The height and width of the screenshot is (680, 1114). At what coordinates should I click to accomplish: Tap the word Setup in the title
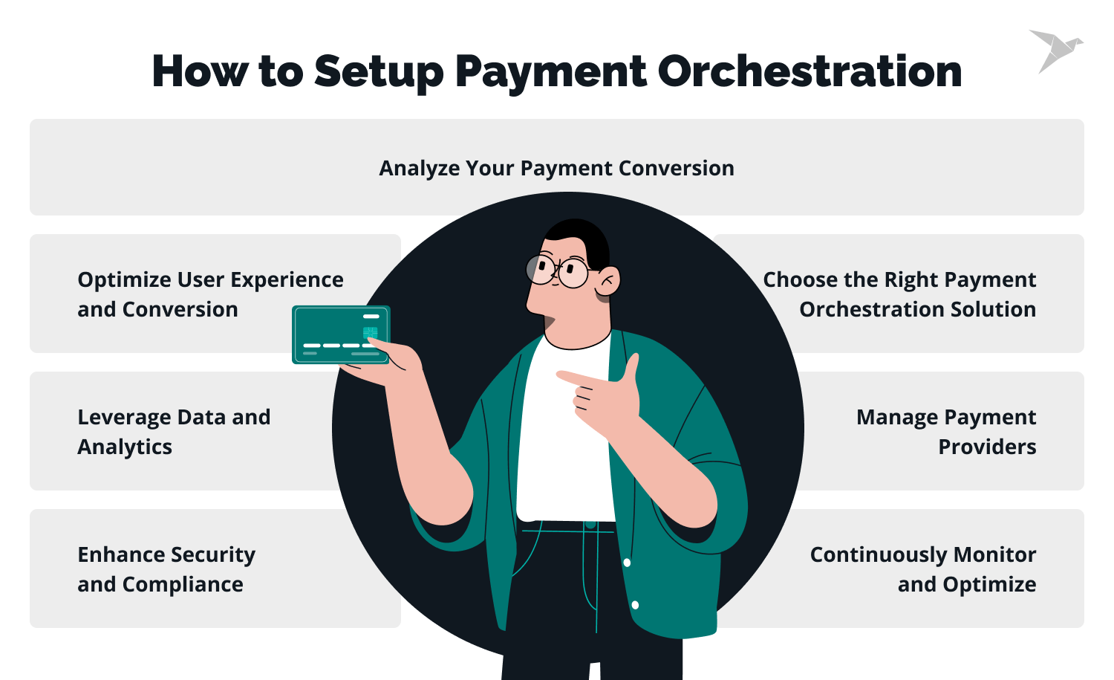pos(378,73)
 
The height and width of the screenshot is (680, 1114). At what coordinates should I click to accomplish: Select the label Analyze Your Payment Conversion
pos(556,169)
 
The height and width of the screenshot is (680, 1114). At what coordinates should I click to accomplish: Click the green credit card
pos(341,334)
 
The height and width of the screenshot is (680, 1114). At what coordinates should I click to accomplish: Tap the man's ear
pos(608,281)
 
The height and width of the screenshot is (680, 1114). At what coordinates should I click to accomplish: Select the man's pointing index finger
pos(576,378)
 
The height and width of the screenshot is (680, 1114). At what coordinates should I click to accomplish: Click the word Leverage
pos(124,418)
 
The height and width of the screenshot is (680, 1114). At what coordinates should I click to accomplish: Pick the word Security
pos(215,555)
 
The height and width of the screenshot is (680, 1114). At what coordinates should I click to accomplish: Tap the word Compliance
pos(183,585)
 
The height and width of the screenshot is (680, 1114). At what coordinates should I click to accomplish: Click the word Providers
pos(987,447)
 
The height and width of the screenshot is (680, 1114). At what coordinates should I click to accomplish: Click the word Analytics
pos(125,447)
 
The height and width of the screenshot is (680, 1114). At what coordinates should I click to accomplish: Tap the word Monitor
pos(994,555)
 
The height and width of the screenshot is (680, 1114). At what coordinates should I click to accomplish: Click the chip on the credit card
pos(370,332)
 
